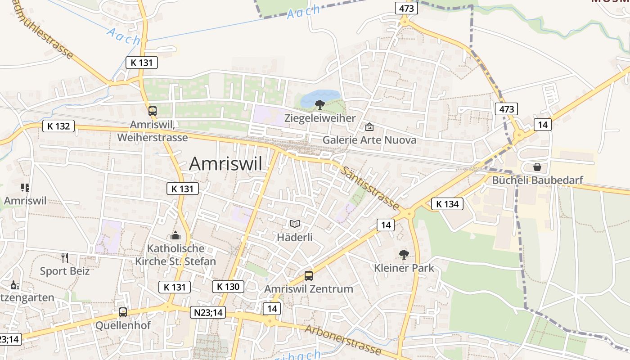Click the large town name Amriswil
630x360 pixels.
pyautogui.click(x=225, y=163)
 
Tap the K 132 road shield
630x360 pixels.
pyautogui.click(x=58, y=126)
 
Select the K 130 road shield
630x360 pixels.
pyautogui.click(x=228, y=286)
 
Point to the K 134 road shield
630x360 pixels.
pyautogui.click(x=447, y=204)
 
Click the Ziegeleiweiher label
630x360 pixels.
pyautogui.click(x=320, y=118)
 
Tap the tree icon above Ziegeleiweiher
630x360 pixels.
pyautogui.click(x=320, y=105)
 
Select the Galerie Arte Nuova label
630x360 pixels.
pyautogui.click(x=369, y=140)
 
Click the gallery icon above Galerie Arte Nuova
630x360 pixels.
pyautogui.click(x=369, y=127)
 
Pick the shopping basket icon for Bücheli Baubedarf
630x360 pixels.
pyautogui.click(x=537, y=167)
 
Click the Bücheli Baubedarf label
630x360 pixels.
pyautogui.click(x=538, y=180)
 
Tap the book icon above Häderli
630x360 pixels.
pyautogui.click(x=295, y=224)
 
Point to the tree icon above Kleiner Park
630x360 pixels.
pyautogui.click(x=404, y=255)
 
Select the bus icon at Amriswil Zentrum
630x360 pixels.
pyautogui.click(x=309, y=276)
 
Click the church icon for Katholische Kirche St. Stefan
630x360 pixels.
pyautogui.click(x=175, y=235)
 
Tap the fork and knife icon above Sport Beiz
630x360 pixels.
pyautogui.click(x=65, y=258)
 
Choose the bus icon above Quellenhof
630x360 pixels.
pyautogui.click(x=123, y=312)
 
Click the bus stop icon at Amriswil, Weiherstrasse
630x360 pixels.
pyautogui.click(x=153, y=111)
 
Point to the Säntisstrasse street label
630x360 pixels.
pyautogui.click(x=369, y=188)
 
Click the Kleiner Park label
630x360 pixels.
pyautogui.click(x=404, y=268)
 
